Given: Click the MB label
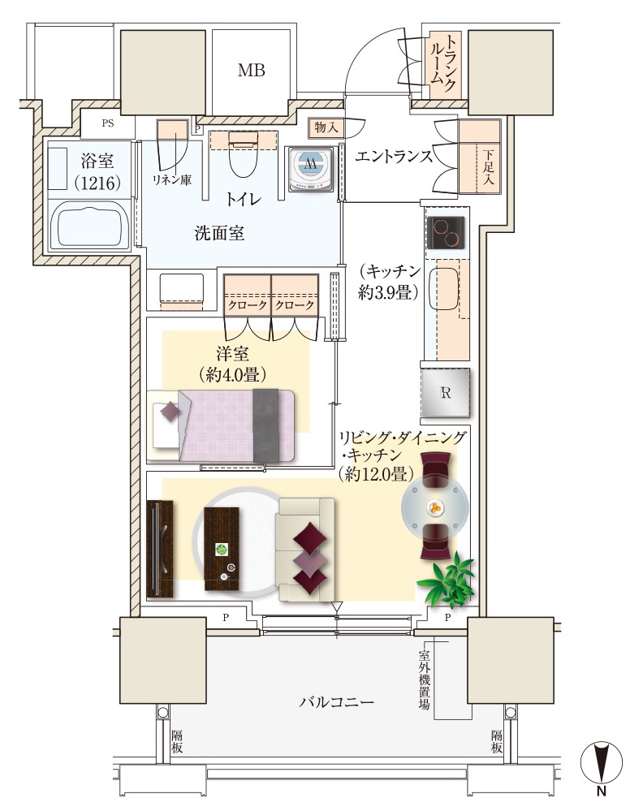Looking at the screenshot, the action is click(252, 70).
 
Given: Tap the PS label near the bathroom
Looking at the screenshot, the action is click(108, 123).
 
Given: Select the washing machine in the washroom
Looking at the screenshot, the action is click(310, 170).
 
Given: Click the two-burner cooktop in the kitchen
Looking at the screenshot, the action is click(447, 233).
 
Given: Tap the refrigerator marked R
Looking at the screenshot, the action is click(445, 393).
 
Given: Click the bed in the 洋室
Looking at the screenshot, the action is click(222, 425).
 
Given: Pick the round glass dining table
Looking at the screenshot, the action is click(435, 507).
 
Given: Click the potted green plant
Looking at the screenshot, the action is click(448, 580).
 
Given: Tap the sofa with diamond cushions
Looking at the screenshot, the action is click(306, 550).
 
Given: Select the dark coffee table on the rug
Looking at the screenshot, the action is click(222, 549).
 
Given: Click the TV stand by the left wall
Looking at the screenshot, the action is click(160, 550).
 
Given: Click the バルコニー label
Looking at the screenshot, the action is click(336, 702).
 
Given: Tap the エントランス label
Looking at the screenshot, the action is click(394, 156).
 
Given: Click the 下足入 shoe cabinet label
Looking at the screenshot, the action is click(488, 167).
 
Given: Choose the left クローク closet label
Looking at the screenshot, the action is click(248, 305).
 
